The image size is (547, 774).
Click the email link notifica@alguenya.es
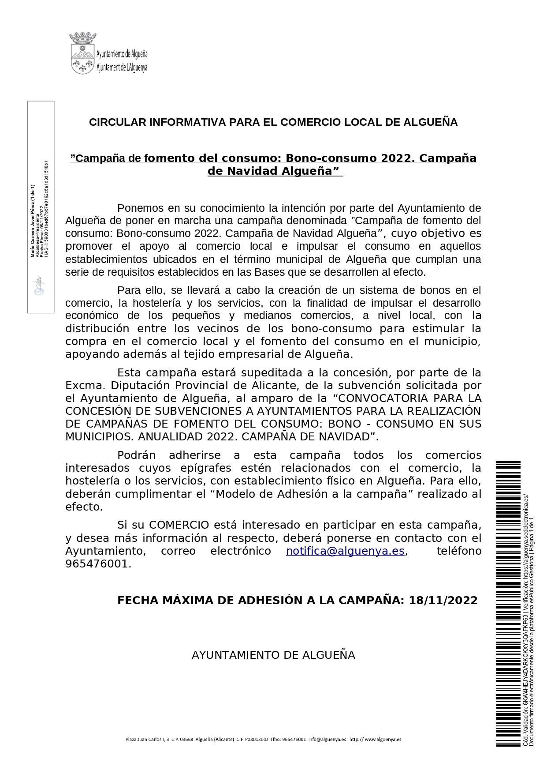tap(345, 551)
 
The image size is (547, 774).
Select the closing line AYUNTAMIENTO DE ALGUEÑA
tap(273, 655)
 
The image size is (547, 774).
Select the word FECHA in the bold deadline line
tap(138, 601)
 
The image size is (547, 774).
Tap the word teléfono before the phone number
tap(458, 551)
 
